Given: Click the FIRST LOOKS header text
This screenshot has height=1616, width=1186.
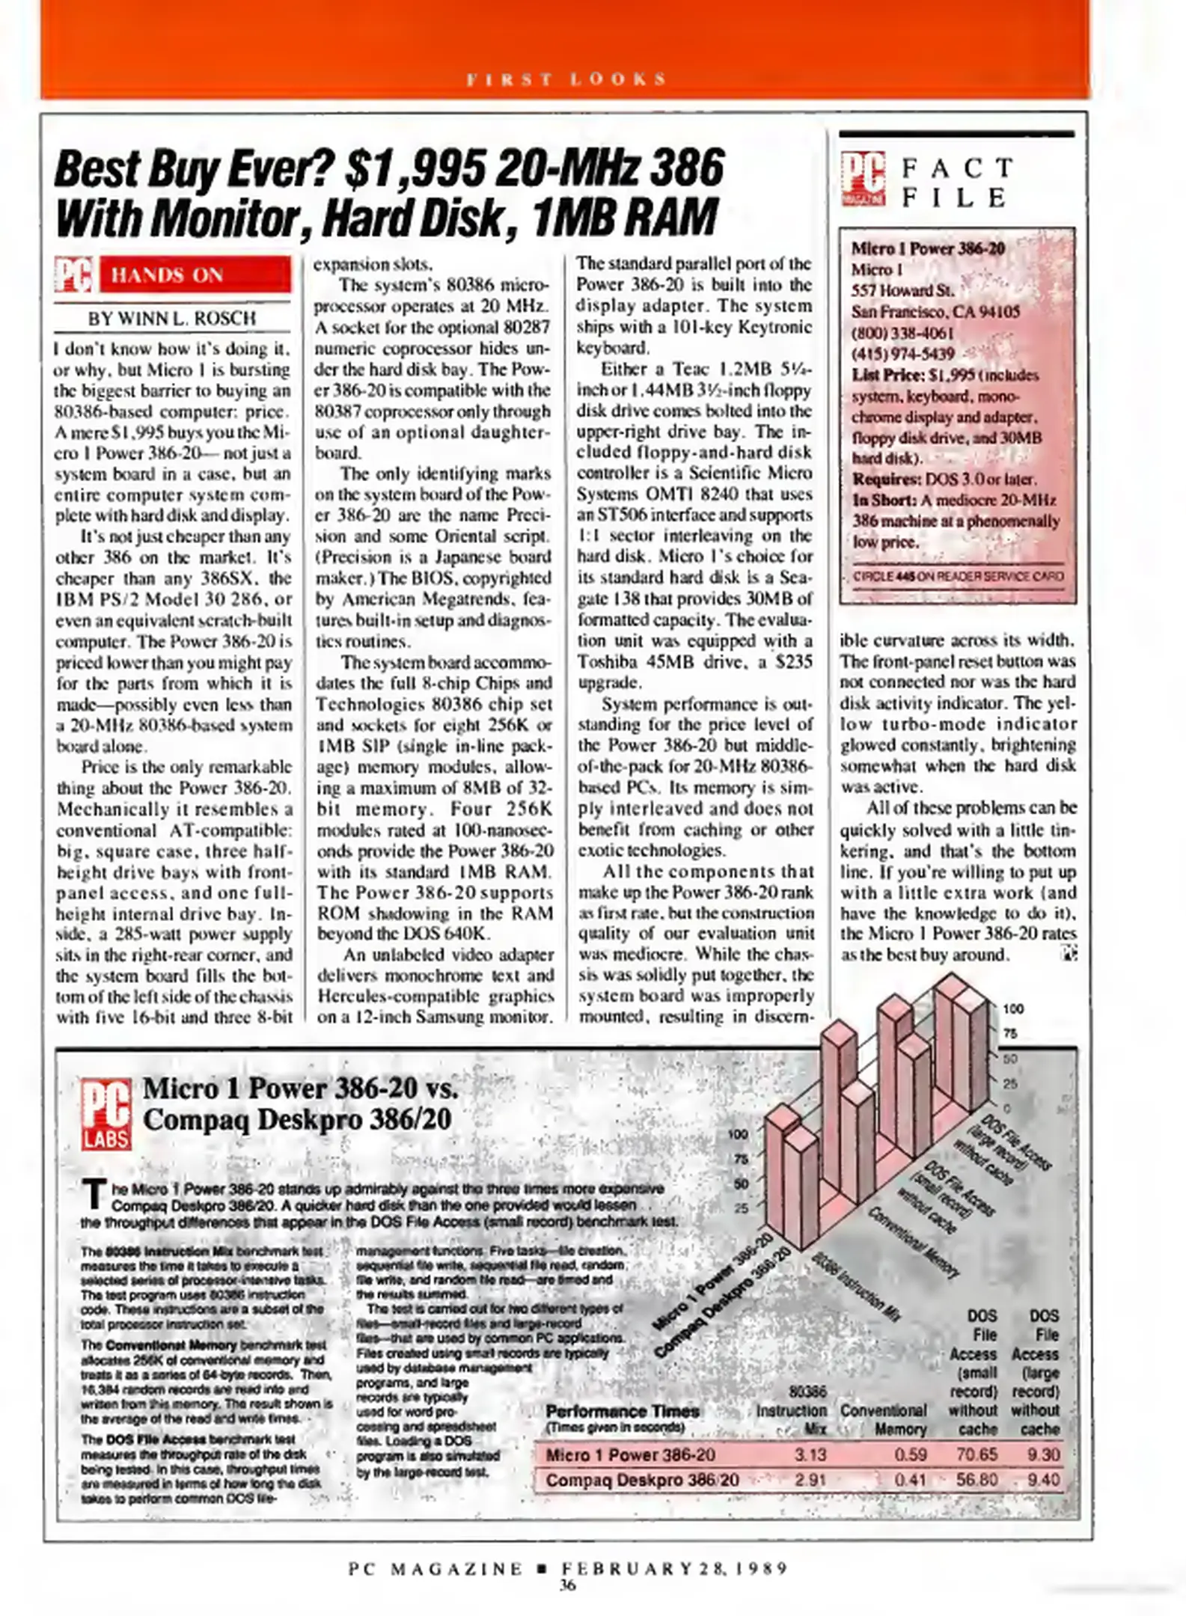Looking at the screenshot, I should point(566,79).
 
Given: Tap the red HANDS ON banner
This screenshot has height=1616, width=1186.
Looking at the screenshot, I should point(194,275).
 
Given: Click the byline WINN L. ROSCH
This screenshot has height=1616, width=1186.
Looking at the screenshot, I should point(171,318).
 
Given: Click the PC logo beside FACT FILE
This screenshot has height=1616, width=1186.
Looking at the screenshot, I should point(863,179).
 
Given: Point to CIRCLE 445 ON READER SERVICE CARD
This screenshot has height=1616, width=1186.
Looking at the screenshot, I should point(957,577).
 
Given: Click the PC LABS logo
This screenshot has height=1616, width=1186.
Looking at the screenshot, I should point(106,1114).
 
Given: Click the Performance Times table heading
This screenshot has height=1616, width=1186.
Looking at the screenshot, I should point(623,1411).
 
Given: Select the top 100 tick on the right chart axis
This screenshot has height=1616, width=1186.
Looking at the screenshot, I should point(1012,1009).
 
